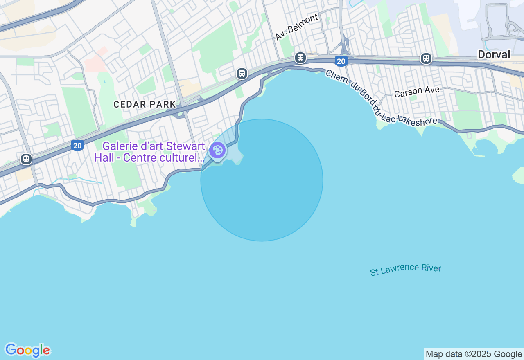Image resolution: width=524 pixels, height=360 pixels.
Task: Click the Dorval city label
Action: [x=494, y=54]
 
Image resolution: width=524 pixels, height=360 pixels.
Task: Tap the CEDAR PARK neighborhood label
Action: [x=145, y=104]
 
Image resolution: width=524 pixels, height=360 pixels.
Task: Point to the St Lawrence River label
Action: [x=405, y=270]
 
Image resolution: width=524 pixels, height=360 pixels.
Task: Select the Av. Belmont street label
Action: [x=296, y=27]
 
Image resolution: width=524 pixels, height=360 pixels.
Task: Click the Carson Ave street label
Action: [x=417, y=92]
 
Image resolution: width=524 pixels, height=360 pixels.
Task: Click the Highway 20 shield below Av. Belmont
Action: [x=341, y=61]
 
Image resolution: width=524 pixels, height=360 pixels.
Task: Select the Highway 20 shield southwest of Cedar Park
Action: [x=77, y=145]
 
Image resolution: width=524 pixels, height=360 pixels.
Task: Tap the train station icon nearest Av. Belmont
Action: [x=300, y=58]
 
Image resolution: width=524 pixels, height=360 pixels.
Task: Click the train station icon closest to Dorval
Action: [x=426, y=59]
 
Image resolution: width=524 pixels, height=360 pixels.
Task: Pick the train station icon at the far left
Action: [x=26, y=159]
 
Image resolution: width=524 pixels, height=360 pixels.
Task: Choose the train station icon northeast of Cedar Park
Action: [x=242, y=74]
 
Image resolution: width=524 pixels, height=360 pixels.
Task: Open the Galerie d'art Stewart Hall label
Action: [x=149, y=152]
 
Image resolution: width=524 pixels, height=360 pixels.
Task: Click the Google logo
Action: [x=27, y=351]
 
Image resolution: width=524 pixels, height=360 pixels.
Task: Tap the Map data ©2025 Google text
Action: [x=474, y=354]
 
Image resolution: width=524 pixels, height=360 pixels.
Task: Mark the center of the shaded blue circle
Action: [x=262, y=180]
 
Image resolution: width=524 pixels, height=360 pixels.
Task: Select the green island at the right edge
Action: [x=518, y=175]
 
